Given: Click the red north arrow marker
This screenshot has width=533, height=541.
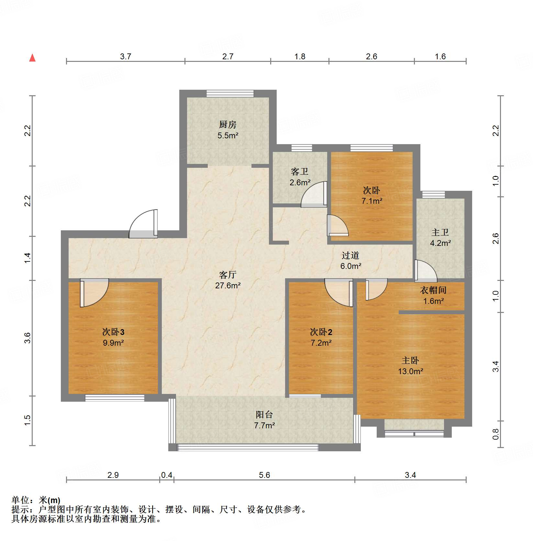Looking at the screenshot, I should (x=32, y=58).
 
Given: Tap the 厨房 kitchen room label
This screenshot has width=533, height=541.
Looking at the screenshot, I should (x=228, y=124).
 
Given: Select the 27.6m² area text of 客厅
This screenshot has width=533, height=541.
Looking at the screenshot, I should (x=228, y=285).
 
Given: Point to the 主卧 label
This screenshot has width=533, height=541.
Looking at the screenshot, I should (x=410, y=360).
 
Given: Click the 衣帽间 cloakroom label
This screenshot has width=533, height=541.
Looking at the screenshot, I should (x=433, y=290).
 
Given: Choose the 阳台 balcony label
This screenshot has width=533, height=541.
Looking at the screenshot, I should (x=264, y=414).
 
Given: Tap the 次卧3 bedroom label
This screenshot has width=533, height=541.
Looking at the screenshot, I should (x=113, y=332).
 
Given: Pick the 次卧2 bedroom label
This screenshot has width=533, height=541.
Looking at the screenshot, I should (x=321, y=332).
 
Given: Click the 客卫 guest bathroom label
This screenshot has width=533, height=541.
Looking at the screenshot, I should (x=299, y=171).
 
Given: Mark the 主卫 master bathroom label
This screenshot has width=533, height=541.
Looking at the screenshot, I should (x=440, y=232).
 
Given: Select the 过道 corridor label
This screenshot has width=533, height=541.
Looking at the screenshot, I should (x=350, y=255).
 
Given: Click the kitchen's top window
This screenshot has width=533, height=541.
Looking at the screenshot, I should (x=230, y=93).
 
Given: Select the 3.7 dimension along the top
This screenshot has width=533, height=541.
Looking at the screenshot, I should (x=125, y=56).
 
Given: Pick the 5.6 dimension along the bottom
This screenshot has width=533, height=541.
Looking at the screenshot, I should (x=264, y=475).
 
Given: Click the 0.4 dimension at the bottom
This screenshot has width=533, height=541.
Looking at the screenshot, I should (x=167, y=475).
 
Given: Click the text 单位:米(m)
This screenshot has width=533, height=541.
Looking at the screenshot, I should (x=36, y=500).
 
